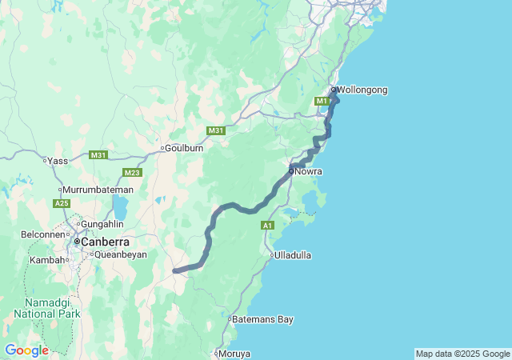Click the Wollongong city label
click(362, 90)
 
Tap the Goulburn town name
click(184, 148)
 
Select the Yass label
click(58, 161)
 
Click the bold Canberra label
click(103, 241)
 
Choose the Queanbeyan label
click(120, 254)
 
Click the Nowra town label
click(307, 171)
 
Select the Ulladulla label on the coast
click(292, 255)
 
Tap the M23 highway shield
click(132, 173)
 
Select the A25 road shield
click(62, 204)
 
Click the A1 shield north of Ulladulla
click(268, 226)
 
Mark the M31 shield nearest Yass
click(98, 154)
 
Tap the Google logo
click(26, 350)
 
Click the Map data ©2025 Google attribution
click(462, 354)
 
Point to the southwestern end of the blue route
click(175, 270)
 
